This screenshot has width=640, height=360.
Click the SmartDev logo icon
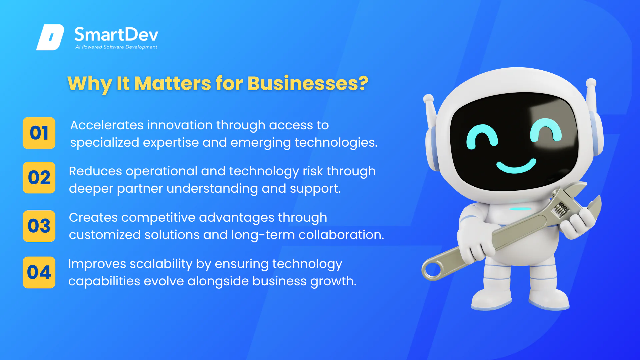point(50,37)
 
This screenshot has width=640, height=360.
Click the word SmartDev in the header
point(116,34)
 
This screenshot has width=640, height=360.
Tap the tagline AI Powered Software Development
point(116,47)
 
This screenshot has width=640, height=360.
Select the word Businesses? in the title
point(308,83)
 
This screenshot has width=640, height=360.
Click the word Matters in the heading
point(173,83)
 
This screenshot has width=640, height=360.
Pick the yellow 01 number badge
point(39,133)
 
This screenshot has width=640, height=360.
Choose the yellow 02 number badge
point(39,178)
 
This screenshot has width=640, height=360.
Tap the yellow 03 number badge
point(39,226)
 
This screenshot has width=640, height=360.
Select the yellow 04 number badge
point(39,272)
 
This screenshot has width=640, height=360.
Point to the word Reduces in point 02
point(96,171)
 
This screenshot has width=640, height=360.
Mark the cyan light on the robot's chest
point(520,209)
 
